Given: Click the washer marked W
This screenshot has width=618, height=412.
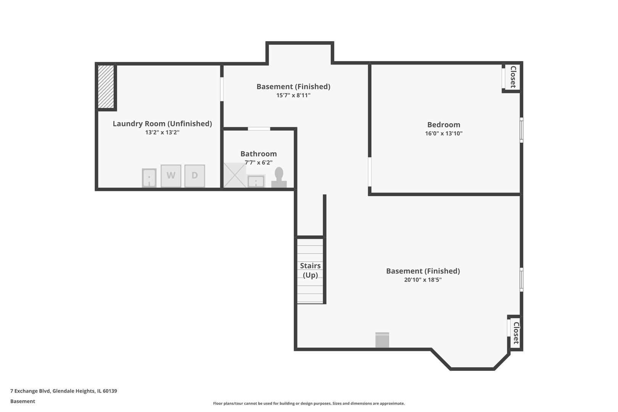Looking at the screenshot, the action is tap(171, 176).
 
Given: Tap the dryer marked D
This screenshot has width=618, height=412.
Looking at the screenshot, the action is tap(195, 176).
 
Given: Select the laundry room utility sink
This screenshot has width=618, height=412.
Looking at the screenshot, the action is tap(149, 178).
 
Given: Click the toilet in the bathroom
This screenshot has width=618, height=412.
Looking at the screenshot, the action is tap(279, 177).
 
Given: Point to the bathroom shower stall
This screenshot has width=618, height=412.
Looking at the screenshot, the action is tap(235, 175).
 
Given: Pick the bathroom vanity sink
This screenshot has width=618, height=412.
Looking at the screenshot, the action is tap(256, 181).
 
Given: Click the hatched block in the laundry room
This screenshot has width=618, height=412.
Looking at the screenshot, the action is tap(106, 87).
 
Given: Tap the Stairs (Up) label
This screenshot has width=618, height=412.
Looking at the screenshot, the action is tap(311, 270).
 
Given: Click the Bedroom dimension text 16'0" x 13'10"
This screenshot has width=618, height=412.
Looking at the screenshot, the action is tap(444, 134).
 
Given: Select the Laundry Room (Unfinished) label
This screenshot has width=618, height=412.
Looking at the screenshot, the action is tap(162, 124).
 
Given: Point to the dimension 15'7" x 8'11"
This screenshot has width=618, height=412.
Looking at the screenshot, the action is tap(293, 95).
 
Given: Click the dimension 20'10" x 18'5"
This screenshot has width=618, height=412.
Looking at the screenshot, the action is tap(423, 280).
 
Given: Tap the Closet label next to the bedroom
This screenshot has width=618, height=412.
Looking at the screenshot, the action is tap(513, 77).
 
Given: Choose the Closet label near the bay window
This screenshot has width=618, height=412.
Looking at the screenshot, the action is tap(516, 333).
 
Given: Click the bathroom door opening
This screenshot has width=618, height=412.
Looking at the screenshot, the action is tap(259, 129).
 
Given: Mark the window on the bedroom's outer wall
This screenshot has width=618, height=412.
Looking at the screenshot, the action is tap(521, 130).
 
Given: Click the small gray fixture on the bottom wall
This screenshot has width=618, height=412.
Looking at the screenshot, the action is tap(382, 340).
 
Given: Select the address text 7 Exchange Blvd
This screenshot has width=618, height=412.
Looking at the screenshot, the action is tap(30, 391).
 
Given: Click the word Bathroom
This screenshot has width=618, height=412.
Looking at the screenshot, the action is tap(259, 154).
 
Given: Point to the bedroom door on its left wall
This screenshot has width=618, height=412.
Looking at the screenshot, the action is tap(370, 172).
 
